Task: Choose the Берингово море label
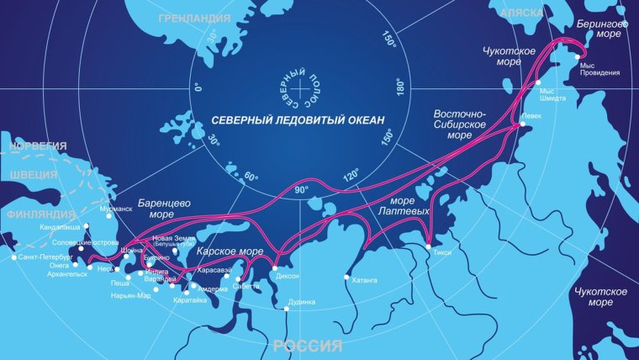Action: (602, 29)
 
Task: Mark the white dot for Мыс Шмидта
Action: (537, 83)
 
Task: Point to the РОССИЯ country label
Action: (308, 346)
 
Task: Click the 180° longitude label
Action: (401, 86)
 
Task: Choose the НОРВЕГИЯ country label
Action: (38, 146)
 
